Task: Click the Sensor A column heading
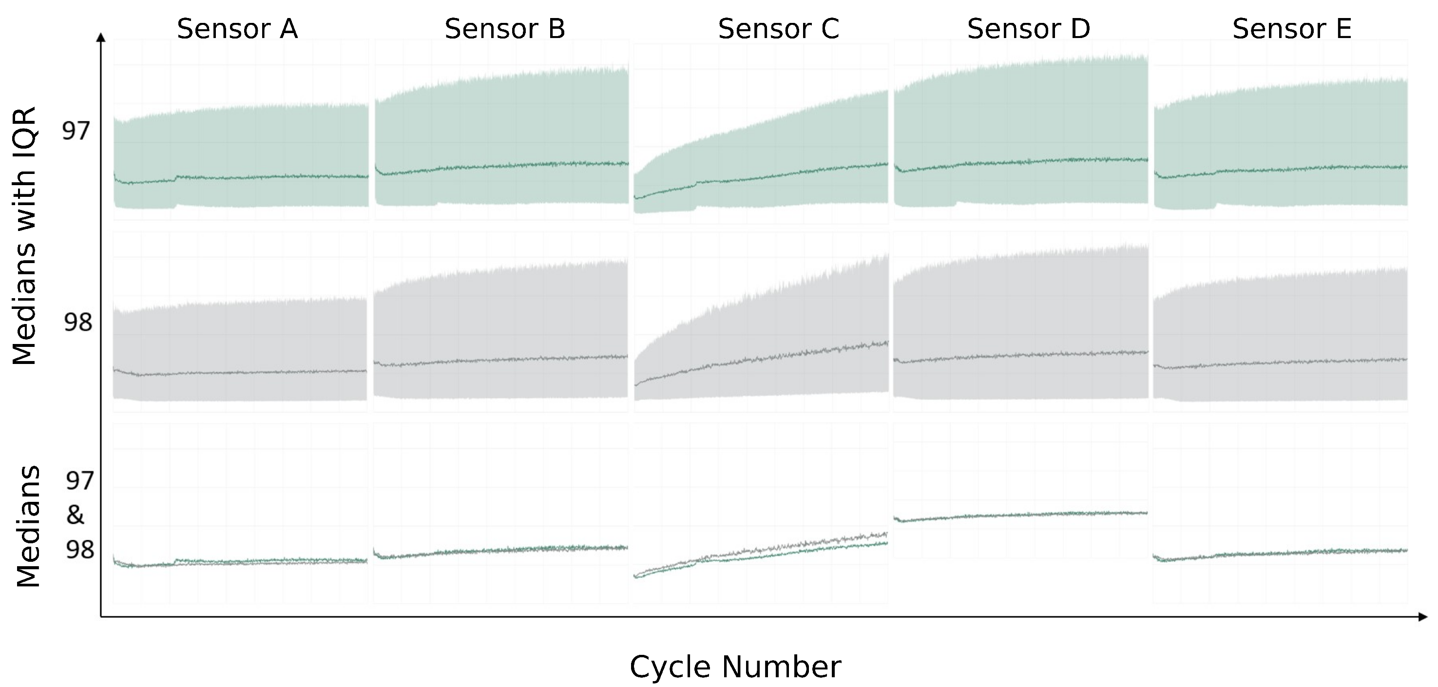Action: (x=237, y=29)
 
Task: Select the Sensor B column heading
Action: (x=505, y=29)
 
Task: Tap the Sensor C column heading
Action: (x=778, y=29)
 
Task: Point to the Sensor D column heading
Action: (x=1028, y=29)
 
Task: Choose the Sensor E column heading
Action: (x=1292, y=29)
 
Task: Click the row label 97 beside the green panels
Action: (x=76, y=131)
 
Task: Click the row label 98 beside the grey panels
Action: (x=77, y=323)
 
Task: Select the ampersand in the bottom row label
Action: (x=76, y=515)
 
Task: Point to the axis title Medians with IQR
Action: (x=24, y=235)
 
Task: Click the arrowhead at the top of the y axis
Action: (x=101, y=38)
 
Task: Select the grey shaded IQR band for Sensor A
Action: (x=240, y=341)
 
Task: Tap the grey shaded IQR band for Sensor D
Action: (x=1020, y=312)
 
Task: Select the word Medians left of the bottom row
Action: (x=28, y=526)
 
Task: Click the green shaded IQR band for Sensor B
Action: (x=501, y=128)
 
